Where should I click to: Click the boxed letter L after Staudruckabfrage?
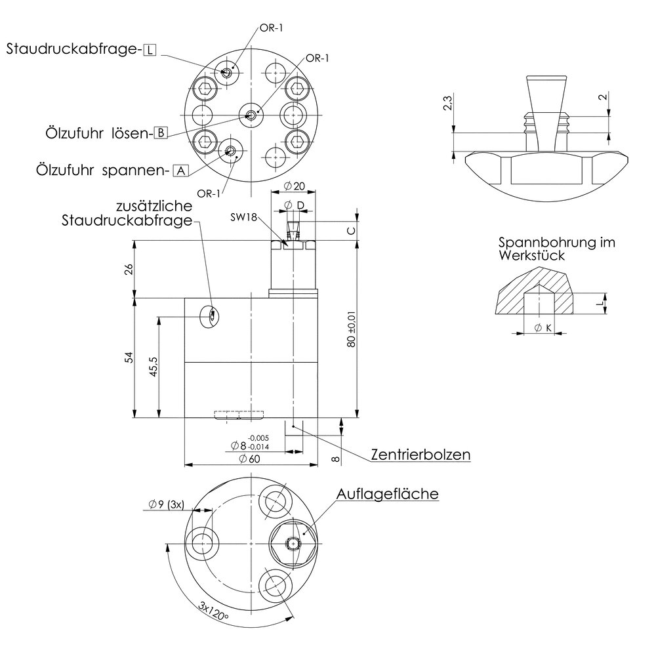pos(150,51)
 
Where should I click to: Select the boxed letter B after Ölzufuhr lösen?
pos(161,133)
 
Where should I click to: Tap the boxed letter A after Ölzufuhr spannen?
pos(181,171)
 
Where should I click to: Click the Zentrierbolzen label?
pos(420,455)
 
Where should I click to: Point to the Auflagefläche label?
pos(388,494)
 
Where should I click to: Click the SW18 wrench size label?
pos(243,217)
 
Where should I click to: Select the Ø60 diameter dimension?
pos(249,459)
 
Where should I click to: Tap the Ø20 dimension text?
pos(294,186)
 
